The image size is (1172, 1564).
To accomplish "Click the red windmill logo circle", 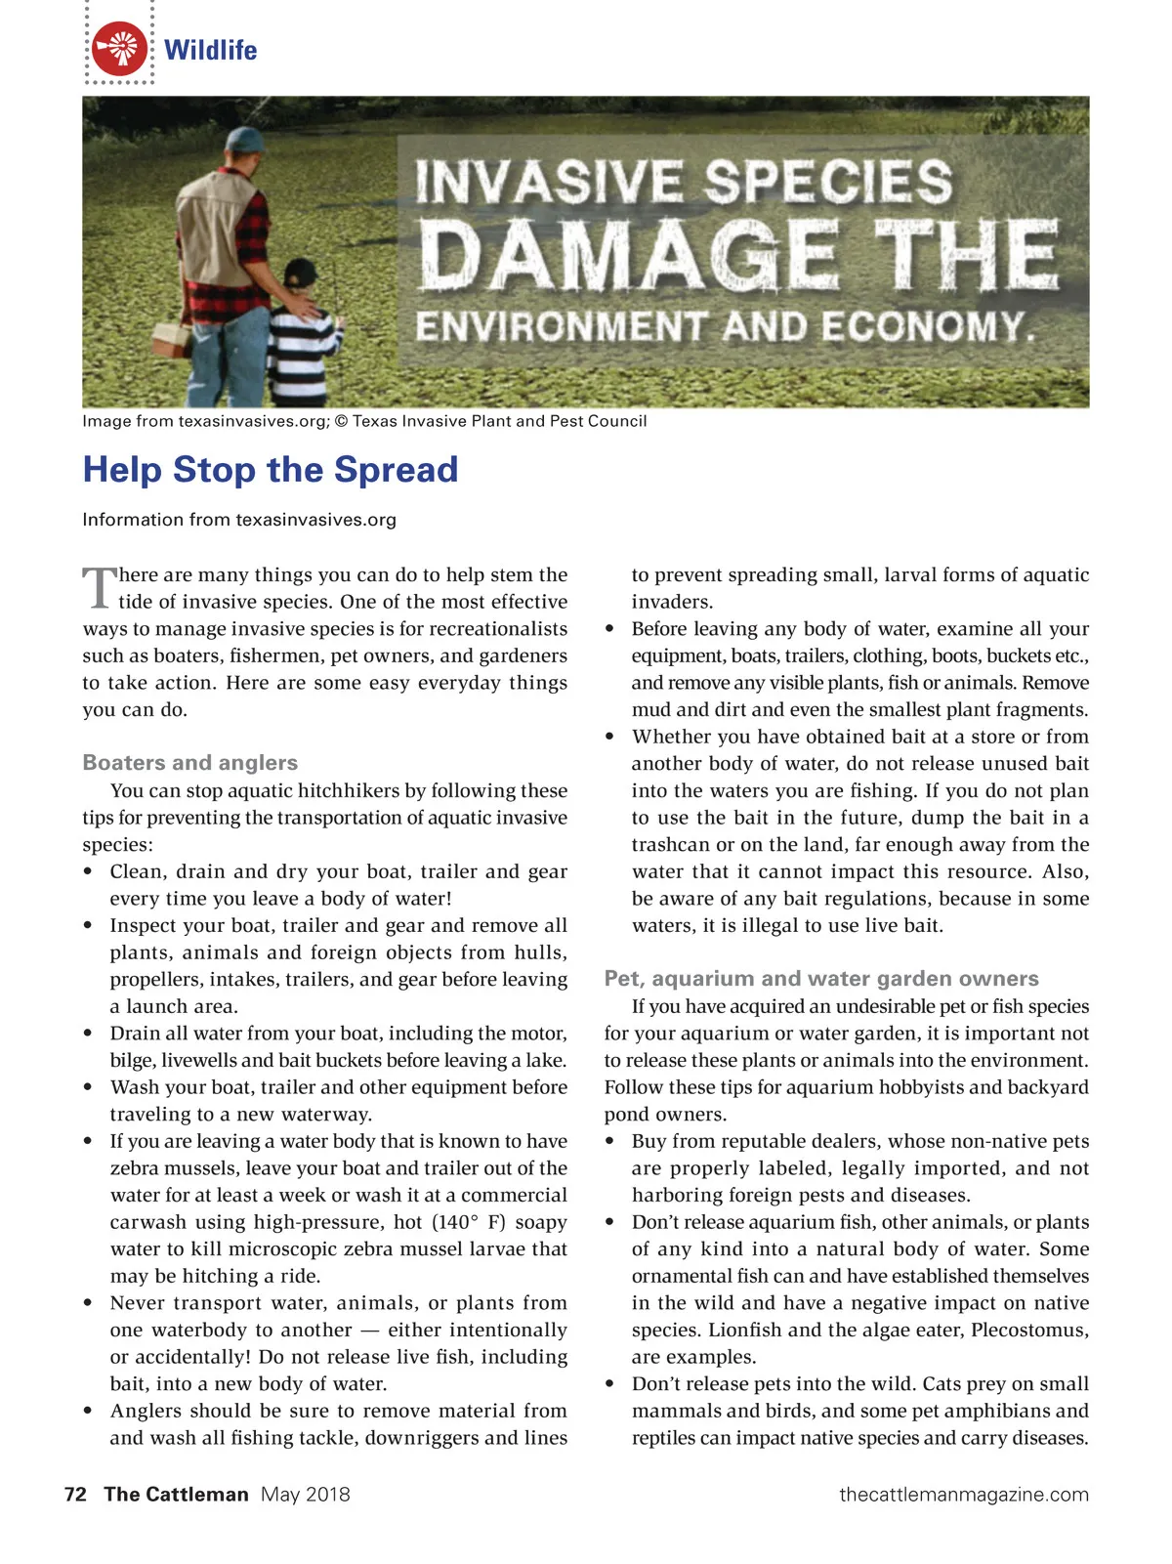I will click(120, 49).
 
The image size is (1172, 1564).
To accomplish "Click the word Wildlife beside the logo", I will click(210, 50).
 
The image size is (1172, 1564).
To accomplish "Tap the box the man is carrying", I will click(172, 338).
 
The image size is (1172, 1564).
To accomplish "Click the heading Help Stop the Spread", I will click(271, 470).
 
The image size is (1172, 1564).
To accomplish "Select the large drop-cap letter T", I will click(99, 587).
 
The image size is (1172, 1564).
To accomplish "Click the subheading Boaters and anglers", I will click(190, 763).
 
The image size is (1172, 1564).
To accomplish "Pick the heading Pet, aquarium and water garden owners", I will click(821, 979).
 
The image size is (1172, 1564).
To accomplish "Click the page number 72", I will click(75, 1494).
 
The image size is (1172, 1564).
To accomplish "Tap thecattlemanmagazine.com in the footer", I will click(963, 1494).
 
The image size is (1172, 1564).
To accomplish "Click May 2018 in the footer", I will click(305, 1494).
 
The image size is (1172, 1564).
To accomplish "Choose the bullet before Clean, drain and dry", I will click(89, 871).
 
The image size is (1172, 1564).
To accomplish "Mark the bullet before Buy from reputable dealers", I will click(610, 1141).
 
